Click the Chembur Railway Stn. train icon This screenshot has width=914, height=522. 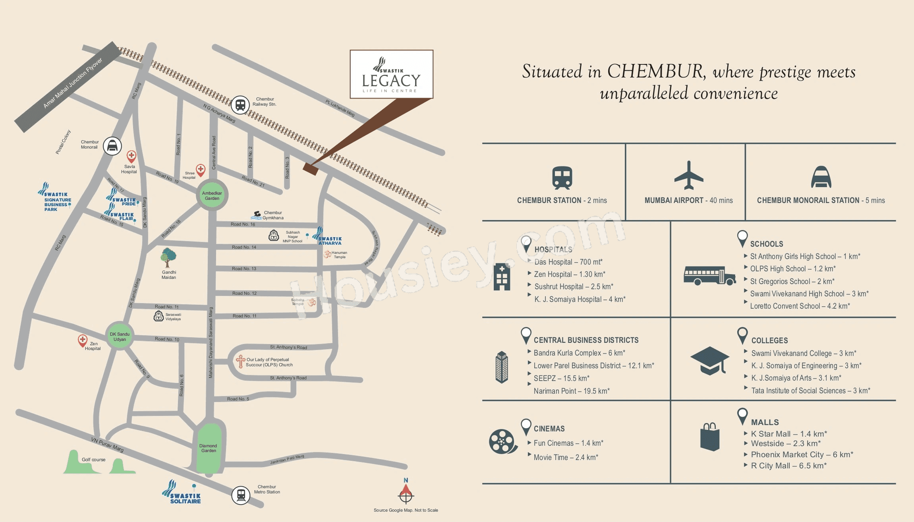click(x=240, y=104)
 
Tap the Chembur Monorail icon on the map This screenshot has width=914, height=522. click(x=112, y=146)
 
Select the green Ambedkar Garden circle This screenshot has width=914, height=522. click(x=212, y=195)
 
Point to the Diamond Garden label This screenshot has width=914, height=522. click(x=209, y=448)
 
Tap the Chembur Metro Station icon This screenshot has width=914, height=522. click(x=241, y=495)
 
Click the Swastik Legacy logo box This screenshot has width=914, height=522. click(x=391, y=74)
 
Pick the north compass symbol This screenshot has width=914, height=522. click(x=406, y=493)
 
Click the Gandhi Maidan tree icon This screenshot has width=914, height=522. click(x=168, y=257)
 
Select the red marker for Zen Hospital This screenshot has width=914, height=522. click(x=82, y=340)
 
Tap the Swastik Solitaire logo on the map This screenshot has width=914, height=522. click(x=183, y=493)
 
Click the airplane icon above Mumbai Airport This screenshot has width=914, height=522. click(x=689, y=175)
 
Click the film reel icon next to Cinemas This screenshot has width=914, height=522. click(x=503, y=441)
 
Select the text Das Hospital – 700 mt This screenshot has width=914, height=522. click(x=568, y=262)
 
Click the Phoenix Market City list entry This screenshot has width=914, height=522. click(x=802, y=454)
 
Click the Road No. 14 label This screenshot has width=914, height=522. click(x=244, y=247)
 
